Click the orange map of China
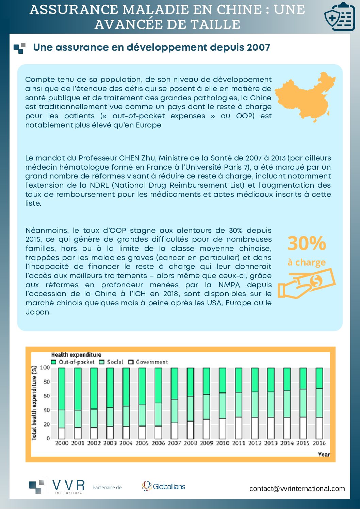pos(305,96)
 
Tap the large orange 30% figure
pos(307,243)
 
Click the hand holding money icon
pos(306,283)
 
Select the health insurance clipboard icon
pos(339,17)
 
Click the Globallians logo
pos(164,487)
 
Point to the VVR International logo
pos(57,487)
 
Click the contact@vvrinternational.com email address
pos(297,489)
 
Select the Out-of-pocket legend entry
pos(73,362)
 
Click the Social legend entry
pos(111,362)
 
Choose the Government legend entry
pos(148,362)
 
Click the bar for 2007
pos(174,403)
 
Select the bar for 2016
pos(319,403)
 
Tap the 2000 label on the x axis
pos(62,443)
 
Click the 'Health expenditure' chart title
pos(76,355)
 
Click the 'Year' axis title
pos(324,454)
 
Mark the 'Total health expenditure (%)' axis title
pos(34,403)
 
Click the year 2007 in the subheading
pos(259,47)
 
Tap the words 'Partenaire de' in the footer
pos(107,488)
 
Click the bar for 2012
pos(255,403)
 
